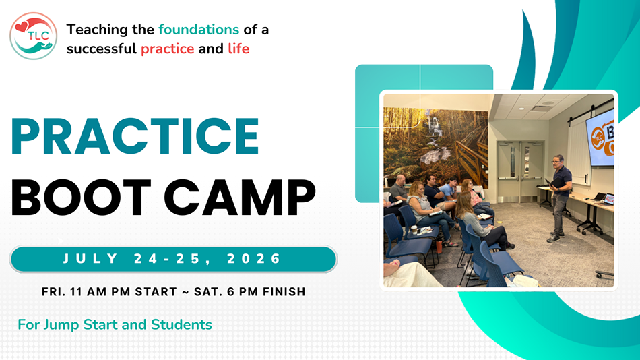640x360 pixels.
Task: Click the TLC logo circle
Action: (34, 36)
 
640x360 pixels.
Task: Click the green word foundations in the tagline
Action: (199, 30)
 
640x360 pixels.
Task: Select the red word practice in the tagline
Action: (168, 49)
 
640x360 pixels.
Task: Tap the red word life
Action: (238, 49)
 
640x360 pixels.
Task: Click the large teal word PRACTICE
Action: (135, 138)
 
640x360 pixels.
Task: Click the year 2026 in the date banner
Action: (254, 259)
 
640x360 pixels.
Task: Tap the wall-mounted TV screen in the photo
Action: (600, 138)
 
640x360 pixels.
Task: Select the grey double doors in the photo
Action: (521, 172)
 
